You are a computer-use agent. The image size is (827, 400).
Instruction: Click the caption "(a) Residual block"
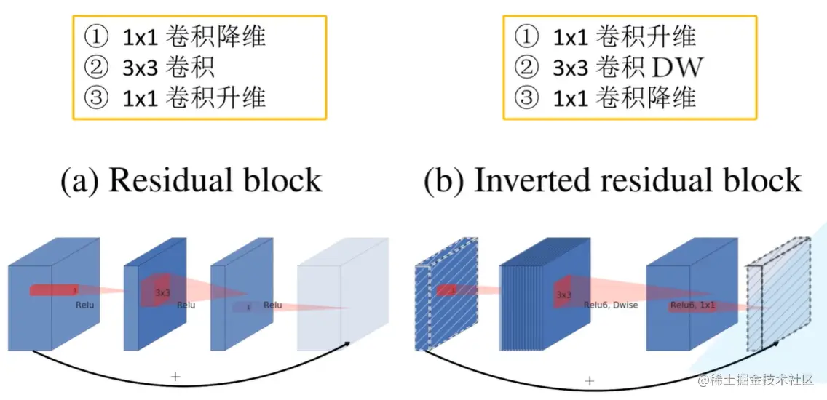(191, 180)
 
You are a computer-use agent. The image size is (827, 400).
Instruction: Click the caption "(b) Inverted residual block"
(612, 180)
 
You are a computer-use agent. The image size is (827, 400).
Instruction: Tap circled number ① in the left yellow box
(96, 36)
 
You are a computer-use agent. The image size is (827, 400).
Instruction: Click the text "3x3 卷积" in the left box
(168, 68)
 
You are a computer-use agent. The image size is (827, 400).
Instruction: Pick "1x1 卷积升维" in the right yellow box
(624, 36)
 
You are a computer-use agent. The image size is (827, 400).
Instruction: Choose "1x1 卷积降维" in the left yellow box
(194, 36)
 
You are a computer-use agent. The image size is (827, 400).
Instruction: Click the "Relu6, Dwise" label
(610, 305)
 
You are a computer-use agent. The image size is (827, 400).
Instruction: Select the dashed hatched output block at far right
(779, 295)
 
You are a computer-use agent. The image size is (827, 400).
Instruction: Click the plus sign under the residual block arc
(175, 376)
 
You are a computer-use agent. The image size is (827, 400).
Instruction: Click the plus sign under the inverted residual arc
(590, 380)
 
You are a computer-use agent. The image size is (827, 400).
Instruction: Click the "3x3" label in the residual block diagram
(162, 292)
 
